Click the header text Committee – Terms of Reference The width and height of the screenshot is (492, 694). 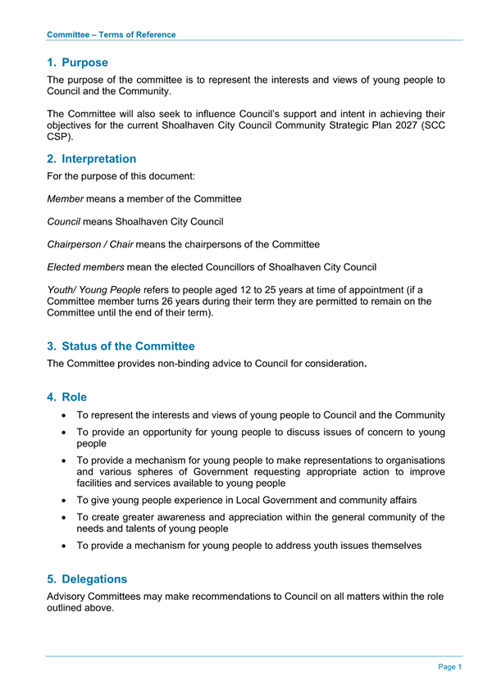point(112,34)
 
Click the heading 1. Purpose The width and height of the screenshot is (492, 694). point(78,62)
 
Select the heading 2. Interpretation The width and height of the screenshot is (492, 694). point(92,159)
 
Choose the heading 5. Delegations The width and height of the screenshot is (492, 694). point(88,579)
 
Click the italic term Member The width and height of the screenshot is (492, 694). point(66,199)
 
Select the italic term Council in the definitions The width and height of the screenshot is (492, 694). point(64,221)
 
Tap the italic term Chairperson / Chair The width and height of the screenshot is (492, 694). point(90,244)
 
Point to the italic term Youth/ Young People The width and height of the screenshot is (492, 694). point(94,290)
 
